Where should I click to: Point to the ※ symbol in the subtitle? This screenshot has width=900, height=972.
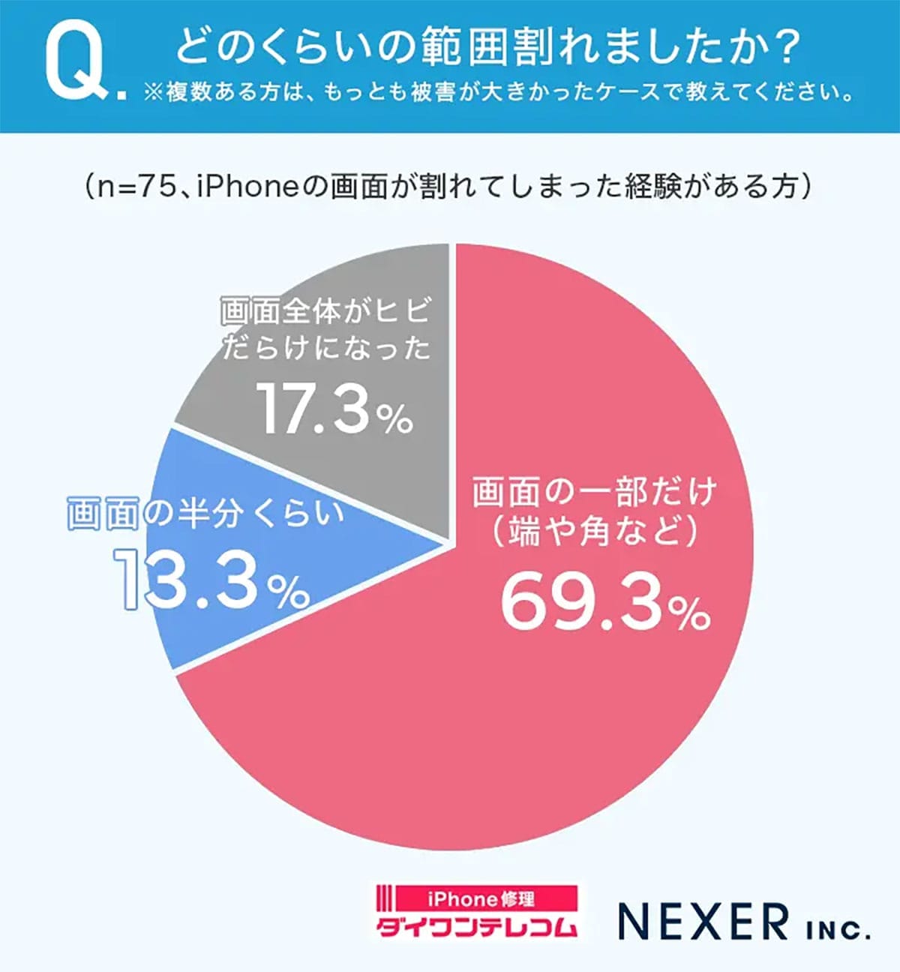(154, 93)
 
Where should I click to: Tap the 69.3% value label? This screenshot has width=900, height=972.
(604, 602)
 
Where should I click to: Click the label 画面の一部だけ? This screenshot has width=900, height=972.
(595, 492)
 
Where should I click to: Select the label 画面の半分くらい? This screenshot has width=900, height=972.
(205, 514)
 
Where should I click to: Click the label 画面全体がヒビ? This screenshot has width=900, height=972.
(326, 311)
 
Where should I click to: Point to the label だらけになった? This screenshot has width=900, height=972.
(326, 348)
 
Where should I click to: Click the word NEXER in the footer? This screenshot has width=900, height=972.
(703, 922)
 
